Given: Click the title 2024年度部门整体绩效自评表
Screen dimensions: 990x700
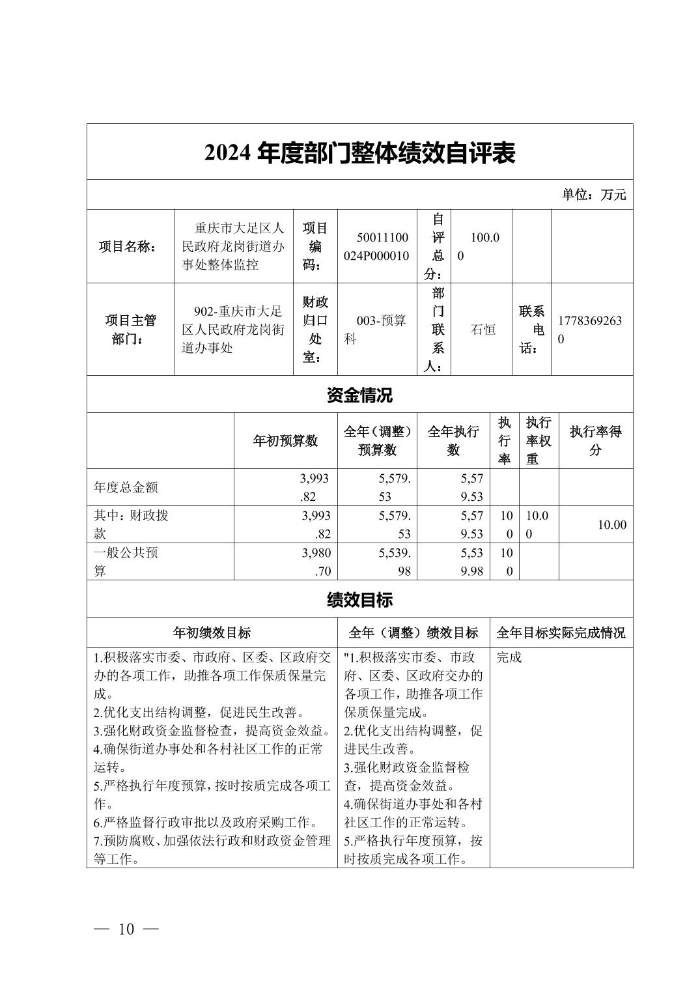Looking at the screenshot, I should (359, 153).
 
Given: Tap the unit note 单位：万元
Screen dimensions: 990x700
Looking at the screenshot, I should (594, 195).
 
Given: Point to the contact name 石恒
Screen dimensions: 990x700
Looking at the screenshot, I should (483, 330).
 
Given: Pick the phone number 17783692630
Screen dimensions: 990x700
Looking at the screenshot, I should (589, 330).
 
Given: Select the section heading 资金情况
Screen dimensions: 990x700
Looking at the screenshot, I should (359, 395).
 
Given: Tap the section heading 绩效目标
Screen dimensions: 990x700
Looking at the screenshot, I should (359, 600).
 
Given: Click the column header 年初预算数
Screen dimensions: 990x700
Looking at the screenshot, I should (285, 441).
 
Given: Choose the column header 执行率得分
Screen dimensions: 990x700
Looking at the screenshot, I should (595, 441).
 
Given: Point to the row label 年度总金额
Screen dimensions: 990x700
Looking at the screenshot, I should (126, 487).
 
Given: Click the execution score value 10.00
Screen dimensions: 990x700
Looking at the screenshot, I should (611, 525).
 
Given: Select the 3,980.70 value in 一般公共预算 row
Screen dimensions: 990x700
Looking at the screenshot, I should (316, 562).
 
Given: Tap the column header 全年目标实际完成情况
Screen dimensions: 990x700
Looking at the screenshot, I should (561, 633).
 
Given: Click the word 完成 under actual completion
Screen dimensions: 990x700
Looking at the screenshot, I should (509, 657).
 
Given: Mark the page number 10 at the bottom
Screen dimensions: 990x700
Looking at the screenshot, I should (126, 929).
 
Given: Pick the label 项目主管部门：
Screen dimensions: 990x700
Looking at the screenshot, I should (131, 330).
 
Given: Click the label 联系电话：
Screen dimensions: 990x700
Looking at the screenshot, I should (531, 330).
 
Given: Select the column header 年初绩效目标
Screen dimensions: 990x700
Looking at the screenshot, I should (212, 633).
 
